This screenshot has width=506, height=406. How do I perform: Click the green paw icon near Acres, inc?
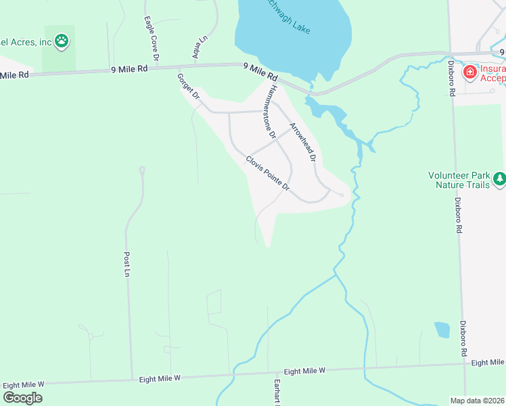point(62,41)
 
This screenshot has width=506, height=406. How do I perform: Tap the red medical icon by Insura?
point(469,71)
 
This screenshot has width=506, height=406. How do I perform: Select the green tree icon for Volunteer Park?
point(499,179)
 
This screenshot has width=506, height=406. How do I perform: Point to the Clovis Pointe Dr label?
point(267,173)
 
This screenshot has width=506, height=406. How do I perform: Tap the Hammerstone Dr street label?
point(271,112)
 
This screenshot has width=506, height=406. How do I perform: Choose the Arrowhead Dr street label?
point(302,142)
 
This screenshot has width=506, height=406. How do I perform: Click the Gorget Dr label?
point(188,86)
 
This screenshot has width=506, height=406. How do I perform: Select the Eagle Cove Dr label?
point(151,40)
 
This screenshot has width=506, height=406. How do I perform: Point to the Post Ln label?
point(127,265)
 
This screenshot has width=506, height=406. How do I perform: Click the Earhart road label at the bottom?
point(277,393)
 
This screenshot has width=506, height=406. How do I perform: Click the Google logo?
point(22,397)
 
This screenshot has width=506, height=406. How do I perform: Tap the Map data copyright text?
point(477,400)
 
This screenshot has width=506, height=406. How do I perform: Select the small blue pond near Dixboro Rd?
point(442,330)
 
